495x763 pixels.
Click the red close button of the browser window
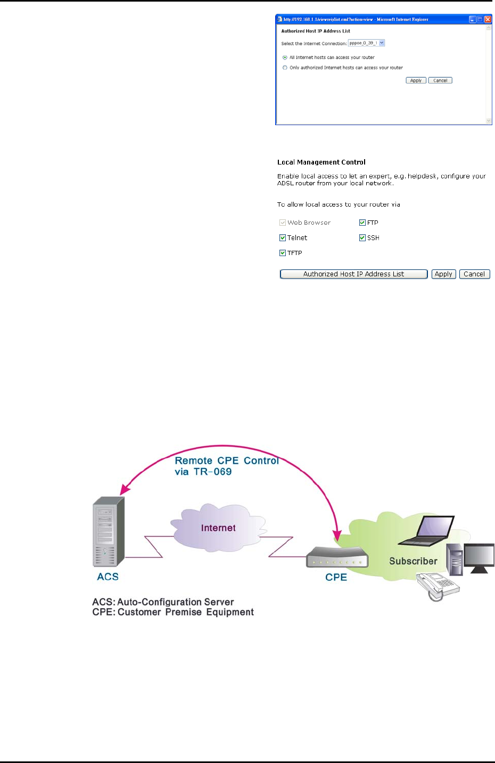(488, 19)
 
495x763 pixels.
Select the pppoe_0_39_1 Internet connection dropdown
(367, 43)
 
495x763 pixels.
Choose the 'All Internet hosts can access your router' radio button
(285, 58)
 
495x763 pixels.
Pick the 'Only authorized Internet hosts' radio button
(285, 68)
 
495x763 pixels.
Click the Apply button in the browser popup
(416, 80)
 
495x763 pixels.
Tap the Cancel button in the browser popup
(440, 80)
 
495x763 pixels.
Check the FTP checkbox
(362, 223)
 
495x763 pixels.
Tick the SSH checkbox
(362, 238)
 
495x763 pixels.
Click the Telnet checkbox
(283, 238)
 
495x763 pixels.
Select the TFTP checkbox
(283, 253)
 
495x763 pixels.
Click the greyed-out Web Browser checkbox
(283, 223)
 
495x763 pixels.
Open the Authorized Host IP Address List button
(353, 274)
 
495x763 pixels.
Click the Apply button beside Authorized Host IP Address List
(443, 274)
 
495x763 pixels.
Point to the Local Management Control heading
(321, 162)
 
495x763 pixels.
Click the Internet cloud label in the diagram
(218, 528)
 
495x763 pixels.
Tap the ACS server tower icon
(108, 532)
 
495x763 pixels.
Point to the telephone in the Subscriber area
(436, 586)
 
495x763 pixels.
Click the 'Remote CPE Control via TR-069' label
(227, 466)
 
